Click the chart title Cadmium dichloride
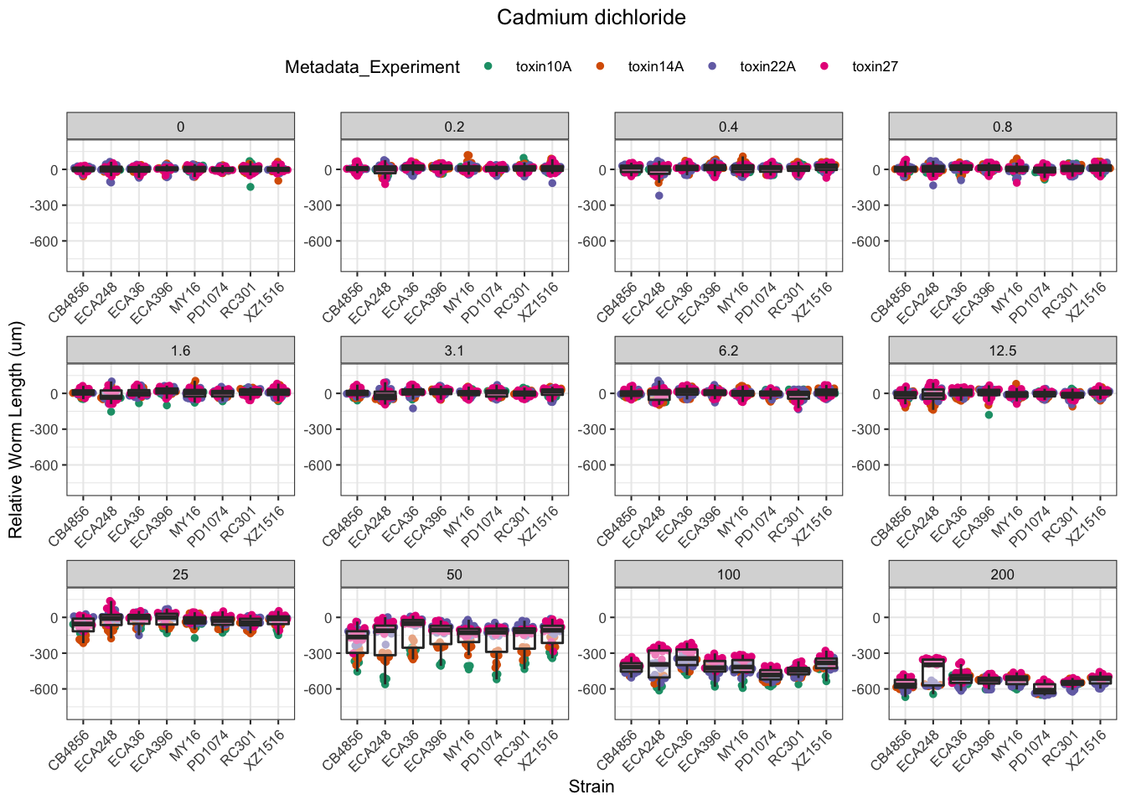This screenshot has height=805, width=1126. (x=591, y=18)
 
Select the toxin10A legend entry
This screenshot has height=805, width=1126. (x=543, y=67)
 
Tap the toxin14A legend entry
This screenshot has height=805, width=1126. (x=655, y=67)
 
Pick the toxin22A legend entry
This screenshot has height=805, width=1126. (x=767, y=67)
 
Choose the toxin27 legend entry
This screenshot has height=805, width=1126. (x=874, y=67)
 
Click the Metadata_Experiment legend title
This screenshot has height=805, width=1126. (x=372, y=67)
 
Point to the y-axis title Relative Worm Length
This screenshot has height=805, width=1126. (x=16, y=430)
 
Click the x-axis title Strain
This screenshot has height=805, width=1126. (x=591, y=787)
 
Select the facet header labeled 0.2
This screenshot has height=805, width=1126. (x=454, y=127)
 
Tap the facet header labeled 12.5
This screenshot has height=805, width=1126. (x=1002, y=351)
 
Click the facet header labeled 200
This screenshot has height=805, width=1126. (x=1002, y=574)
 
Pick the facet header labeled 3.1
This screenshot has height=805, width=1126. (x=454, y=351)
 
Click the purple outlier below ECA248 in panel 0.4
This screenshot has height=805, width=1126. (x=659, y=195)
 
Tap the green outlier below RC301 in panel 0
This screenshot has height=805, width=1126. (x=251, y=187)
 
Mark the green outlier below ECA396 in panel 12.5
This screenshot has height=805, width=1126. (x=989, y=415)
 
